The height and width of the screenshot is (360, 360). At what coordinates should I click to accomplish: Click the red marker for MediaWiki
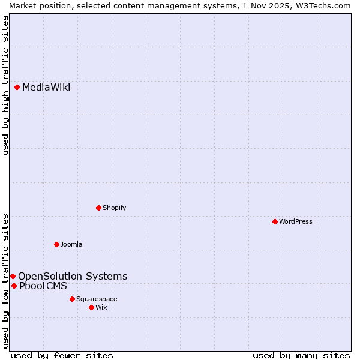pos(17,88)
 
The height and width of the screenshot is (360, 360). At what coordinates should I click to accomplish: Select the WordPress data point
pos(275,221)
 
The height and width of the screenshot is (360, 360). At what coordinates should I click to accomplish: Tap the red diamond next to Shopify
pos(99,208)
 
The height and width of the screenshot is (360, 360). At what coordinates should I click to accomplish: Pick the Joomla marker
pos(57,244)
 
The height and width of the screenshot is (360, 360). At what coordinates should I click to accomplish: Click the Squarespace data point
pos(72,299)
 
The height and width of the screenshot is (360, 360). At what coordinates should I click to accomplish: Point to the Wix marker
pos(91,307)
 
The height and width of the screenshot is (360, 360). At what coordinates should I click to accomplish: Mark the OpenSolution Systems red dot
pos(13,276)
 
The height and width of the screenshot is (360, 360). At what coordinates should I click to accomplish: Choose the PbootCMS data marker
pos(14,286)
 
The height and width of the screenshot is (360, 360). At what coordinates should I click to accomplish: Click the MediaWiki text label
pos(46,88)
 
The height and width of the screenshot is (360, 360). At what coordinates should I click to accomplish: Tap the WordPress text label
pos(296,221)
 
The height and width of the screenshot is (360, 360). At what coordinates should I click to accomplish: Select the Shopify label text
pos(114,208)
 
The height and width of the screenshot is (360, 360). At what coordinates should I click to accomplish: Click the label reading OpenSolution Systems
pos(73,276)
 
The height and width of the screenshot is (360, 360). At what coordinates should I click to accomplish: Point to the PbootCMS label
pos(43,286)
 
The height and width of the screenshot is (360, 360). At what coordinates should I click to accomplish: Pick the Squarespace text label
pos(97,299)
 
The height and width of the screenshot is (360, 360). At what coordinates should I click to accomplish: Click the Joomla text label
pos(71,244)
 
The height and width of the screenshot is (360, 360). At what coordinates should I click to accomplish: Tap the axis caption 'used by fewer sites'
pos(62,355)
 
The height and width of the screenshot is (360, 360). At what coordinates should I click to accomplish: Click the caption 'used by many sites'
pos(301,355)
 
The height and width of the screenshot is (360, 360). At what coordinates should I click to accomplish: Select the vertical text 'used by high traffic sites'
pos(5,86)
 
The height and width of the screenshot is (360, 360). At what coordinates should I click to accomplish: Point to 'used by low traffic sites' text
pos(5,281)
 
